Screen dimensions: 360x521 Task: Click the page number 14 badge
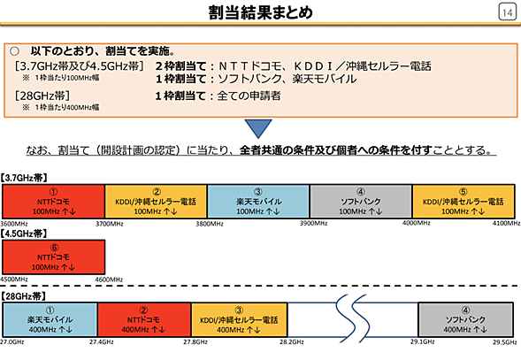click(x=506, y=12)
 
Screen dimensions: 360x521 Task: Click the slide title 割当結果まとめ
click(x=260, y=12)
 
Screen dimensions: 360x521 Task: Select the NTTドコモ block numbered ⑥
click(x=53, y=257)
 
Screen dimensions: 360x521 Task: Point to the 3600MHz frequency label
click(x=16, y=223)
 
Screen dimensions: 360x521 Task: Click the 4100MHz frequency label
click(x=505, y=223)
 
